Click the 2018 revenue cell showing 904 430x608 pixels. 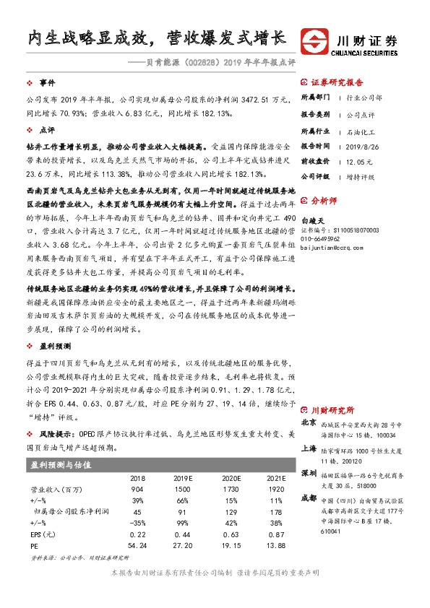136,489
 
